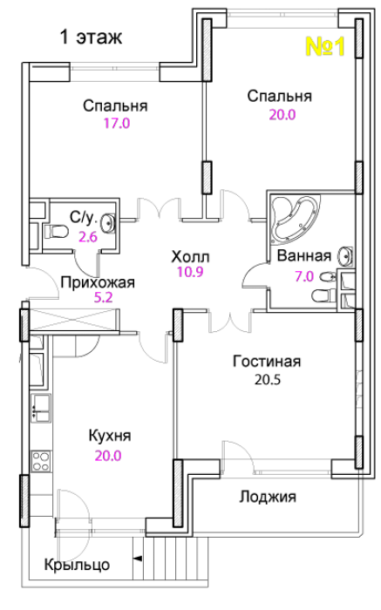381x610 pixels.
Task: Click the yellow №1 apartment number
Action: point(325,47)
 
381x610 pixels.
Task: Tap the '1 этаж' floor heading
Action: point(91,37)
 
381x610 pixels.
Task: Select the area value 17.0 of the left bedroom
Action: point(116,124)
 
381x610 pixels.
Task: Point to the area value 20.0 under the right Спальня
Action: point(282,114)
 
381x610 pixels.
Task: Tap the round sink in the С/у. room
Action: point(108,222)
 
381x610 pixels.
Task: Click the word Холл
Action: point(190,257)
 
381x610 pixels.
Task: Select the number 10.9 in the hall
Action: point(190,272)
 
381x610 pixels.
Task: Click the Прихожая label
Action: point(98,282)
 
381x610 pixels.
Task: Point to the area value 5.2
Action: point(103,298)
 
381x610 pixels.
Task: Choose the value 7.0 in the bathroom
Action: point(304,276)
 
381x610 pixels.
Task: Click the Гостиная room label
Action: point(267,362)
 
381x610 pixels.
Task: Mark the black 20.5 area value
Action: point(268,379)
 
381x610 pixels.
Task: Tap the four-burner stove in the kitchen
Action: point(41,461)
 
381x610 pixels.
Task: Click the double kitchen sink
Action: point(41,408)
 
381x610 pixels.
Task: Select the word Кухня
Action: point(110,436)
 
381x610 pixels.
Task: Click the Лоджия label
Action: point(268,498)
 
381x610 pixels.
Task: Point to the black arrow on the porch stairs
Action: point(138,559)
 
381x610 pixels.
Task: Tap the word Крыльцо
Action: point(77,565)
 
